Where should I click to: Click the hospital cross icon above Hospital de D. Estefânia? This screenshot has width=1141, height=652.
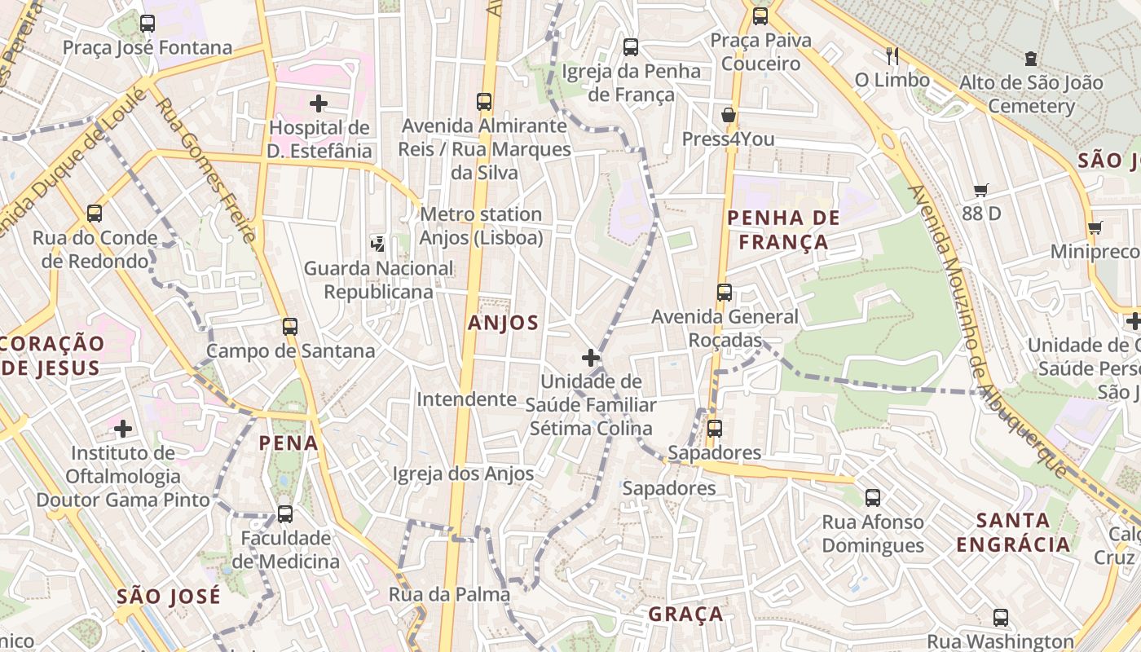coord(319,104)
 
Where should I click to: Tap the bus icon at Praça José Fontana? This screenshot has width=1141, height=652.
coord(148,24)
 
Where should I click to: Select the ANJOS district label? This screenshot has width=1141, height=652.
coord(503,323)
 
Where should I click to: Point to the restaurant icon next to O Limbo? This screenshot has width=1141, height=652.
coord(892,55)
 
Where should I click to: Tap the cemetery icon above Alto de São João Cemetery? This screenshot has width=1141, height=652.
coord(1031,59)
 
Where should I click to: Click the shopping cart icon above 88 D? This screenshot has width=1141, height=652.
coord(981,190)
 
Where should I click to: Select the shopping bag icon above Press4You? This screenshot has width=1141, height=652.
coord(729,115)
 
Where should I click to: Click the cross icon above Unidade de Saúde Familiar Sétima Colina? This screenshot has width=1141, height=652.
coord(591,358)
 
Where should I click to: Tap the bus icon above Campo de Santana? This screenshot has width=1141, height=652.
coord(290,327)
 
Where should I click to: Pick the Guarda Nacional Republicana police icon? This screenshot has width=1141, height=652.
coord(377,243)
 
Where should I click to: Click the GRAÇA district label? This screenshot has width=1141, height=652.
coord(685,614)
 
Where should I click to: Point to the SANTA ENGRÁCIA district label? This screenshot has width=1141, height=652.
coord(1013,532)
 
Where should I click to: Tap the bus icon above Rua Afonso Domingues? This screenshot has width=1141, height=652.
coord(873,497)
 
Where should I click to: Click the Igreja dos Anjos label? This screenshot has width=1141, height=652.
coord(463,474)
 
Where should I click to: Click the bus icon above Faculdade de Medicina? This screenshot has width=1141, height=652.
coord(284,514)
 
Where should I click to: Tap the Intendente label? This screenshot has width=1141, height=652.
coord(466,399)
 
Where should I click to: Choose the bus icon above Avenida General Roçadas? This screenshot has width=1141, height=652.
coord(725,292)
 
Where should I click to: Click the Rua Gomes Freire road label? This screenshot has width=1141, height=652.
coord(205,170)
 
